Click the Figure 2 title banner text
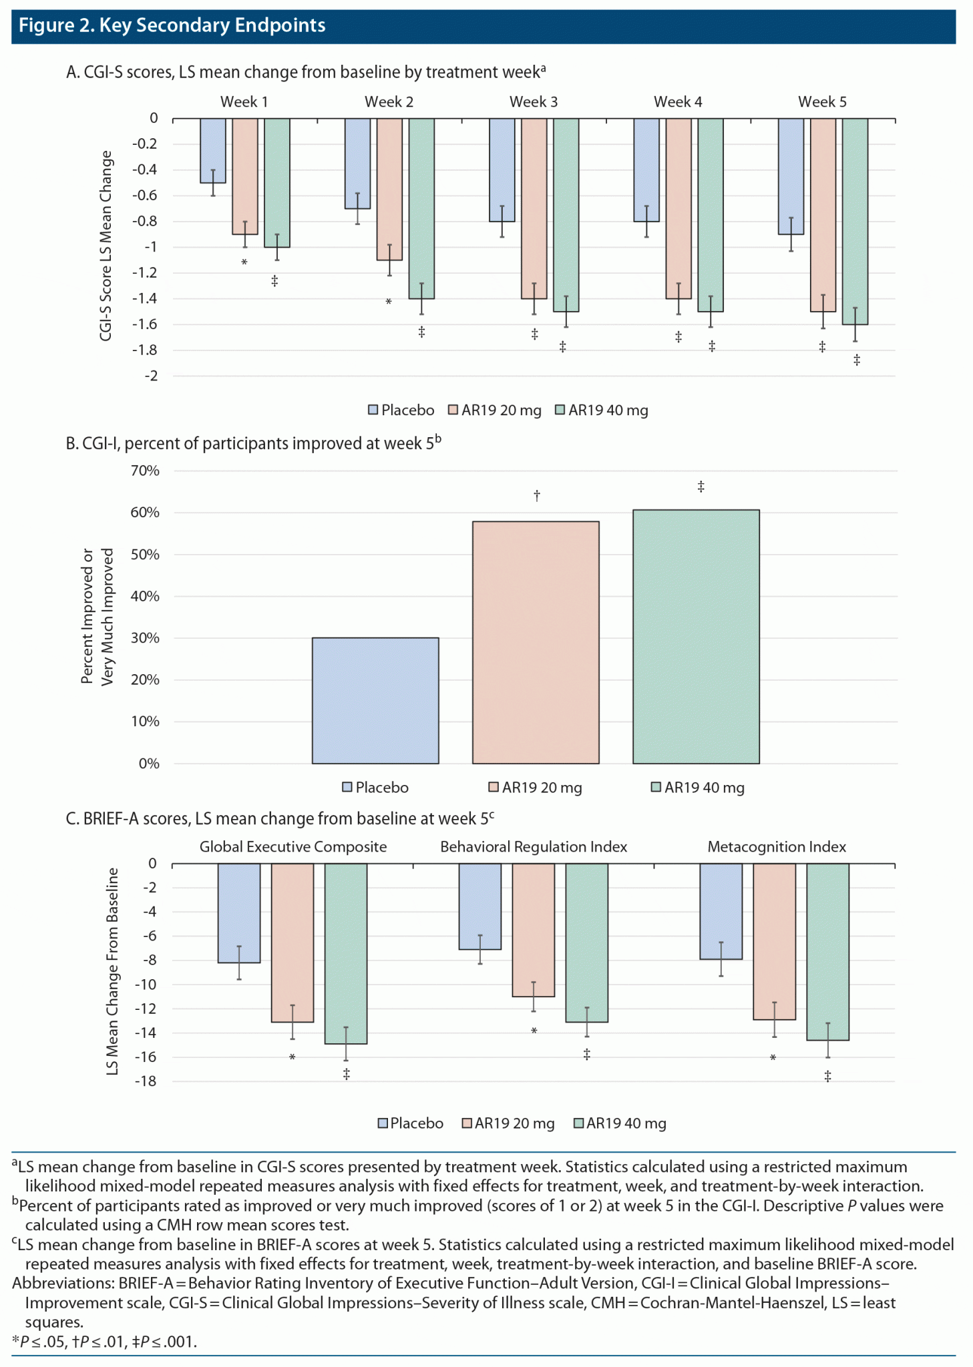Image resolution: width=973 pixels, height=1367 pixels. pyautogui.click(x=172, y=25)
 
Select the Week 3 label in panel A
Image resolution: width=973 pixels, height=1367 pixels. pyautogui.click(x=533, y=101)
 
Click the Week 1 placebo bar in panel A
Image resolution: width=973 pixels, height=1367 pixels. pyautogui.click(x=213, y=150)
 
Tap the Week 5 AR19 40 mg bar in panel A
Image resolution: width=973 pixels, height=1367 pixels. pyautogui.click(x=855, y=220)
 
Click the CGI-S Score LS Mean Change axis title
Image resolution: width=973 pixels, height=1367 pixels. pyautogui.click(x=106, y=246)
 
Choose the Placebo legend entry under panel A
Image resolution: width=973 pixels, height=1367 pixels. pyautogui.click(x=401, y=410)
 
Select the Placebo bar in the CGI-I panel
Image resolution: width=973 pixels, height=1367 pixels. pyautogui.click(x=375, y=700)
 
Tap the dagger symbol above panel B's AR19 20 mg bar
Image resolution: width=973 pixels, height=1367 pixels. pyautogui.click(x=537, y=495)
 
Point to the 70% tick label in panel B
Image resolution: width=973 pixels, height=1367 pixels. pyautogui.click(x=145, y=471)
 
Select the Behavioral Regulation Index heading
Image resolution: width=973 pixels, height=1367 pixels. pyautogui.click(x=534, y=846)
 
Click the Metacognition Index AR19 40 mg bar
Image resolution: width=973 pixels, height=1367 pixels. pyautogui.click(x=827, y=951)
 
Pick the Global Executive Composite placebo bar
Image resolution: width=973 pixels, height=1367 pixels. pyautogui.click(x=239, y=912)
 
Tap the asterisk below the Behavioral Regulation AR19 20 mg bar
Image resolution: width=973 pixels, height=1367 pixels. pyautogui.click(x=534, y=1031)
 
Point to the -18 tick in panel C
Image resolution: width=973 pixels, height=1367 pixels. pyautogui.click(x=145, y=1081)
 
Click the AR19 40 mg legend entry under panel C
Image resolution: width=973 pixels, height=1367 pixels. pyautogui.click(x=620, y=1123)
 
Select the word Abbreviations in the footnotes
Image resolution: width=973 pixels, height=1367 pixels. pyautogui.click(x=60, y=1283)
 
